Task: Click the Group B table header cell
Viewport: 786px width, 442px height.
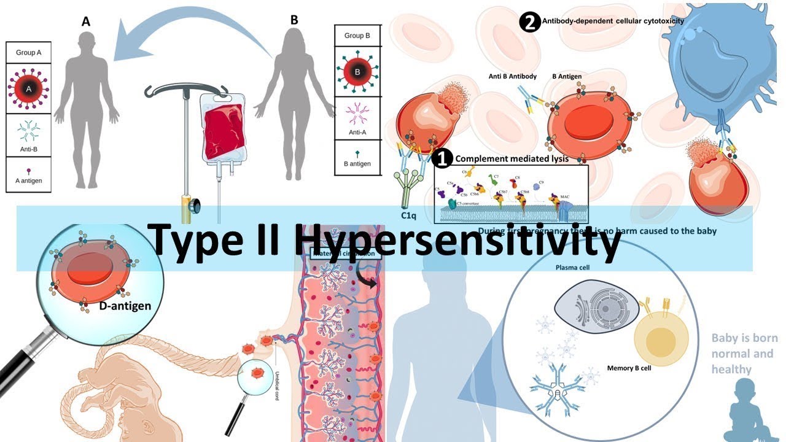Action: point(357,36)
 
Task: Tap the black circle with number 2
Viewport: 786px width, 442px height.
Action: point(529,22)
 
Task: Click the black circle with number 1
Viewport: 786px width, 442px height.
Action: point(442,159)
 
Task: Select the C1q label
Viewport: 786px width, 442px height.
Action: point(410,215)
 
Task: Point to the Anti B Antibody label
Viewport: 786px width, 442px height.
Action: point(512,77)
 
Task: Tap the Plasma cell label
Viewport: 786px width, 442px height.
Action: point(571,268)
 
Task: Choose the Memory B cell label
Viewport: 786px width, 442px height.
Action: point(629,368)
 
